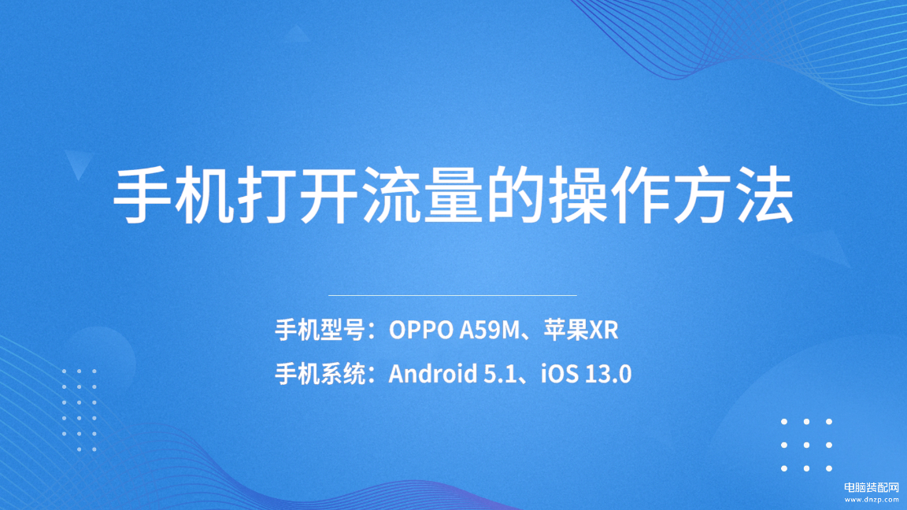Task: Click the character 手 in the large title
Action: [x=143, y=194]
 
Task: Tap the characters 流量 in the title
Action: [x=423, y=194]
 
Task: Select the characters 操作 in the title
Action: [x=609, y=194]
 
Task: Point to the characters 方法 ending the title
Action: [x=734, y=194]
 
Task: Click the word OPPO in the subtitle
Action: [x=421, y=331]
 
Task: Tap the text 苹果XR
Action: [x=581, y=331]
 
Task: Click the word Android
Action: [x=433, y=374]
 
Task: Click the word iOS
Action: [x=559, y=374]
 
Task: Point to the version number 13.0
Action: [x=608, y=374]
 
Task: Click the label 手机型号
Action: [x=320, y=331]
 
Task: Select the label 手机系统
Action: [x=320, y=374]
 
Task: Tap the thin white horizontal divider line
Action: [x=453, y=295]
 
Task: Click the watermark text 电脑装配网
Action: [x=872, y=488]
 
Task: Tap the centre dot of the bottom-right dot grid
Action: [x=806, y=445]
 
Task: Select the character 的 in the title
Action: [x=516, y=194]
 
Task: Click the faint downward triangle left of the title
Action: [x=79, y=162]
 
